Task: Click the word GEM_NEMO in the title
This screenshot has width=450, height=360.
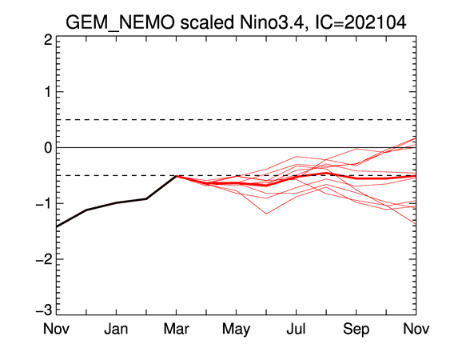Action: pos(120,22)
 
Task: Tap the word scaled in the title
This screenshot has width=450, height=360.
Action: pos(207,22)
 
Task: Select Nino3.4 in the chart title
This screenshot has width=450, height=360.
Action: pos(271,22)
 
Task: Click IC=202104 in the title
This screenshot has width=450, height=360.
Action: pos(360,22)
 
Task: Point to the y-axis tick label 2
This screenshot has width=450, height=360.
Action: pos(48,40)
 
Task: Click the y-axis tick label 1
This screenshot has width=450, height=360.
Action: pos(48,92)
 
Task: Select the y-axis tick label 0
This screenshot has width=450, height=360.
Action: pos(48,148)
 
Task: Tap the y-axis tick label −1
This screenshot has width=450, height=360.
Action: pos(44,204)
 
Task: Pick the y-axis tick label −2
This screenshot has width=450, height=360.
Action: pos(44,259)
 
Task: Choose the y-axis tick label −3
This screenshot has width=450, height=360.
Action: pos(44,310)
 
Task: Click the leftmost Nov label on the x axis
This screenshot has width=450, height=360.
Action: pos(56,328)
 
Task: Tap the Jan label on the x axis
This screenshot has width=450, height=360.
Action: pos(116,328)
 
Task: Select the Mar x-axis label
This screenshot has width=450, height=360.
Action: pos(176,328)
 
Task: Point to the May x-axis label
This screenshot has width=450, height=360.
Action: pos(237,330)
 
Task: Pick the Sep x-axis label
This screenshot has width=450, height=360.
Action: pos(356,330)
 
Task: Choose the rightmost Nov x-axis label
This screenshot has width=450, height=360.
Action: pos(416,328)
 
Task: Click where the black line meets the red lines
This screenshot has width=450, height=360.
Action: pos(176,176)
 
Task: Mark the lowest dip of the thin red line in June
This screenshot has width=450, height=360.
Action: pos(266,214)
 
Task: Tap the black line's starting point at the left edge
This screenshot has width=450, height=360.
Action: pos(57,226)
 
